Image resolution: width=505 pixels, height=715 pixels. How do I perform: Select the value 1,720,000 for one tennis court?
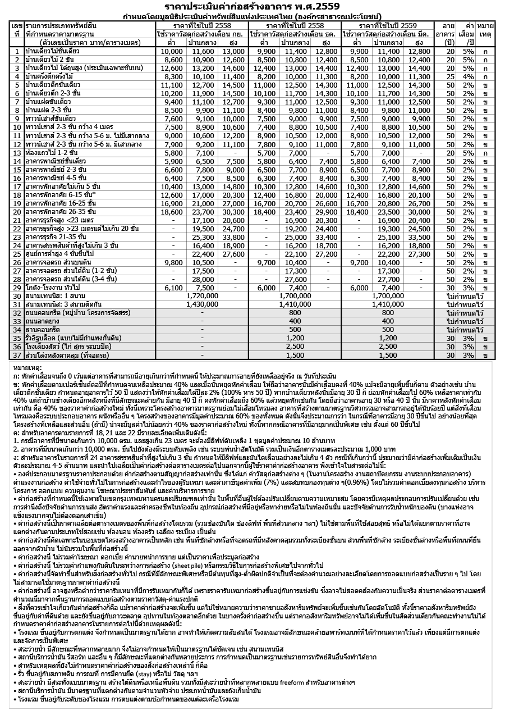coord(201,295)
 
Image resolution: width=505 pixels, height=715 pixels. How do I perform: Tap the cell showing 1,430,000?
coord(201,303)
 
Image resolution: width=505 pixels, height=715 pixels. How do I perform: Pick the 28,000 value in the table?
coord(201,279)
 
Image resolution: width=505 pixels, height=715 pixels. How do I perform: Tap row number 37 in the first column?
coord(17,355)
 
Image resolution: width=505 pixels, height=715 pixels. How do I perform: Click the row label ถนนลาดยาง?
coord(45,321)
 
